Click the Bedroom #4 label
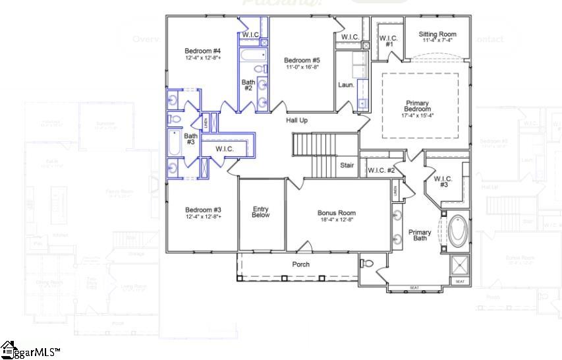[202, 51]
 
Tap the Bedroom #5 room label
[302, 61]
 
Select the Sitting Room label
[437, 34]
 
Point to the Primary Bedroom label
[418, 106]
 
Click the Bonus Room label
[336, 213]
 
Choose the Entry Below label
[261, 212]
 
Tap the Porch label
[301, 264]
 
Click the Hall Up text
[296, 121]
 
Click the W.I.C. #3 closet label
[443, 181]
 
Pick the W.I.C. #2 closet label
[381, 171]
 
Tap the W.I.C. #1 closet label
[389, 41]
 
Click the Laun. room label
[346, 85]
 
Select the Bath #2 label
[248, 84]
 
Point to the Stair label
[347, 165]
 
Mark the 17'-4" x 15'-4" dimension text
[418, 115]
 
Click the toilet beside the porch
[368, 264]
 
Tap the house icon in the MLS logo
[8, 350]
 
